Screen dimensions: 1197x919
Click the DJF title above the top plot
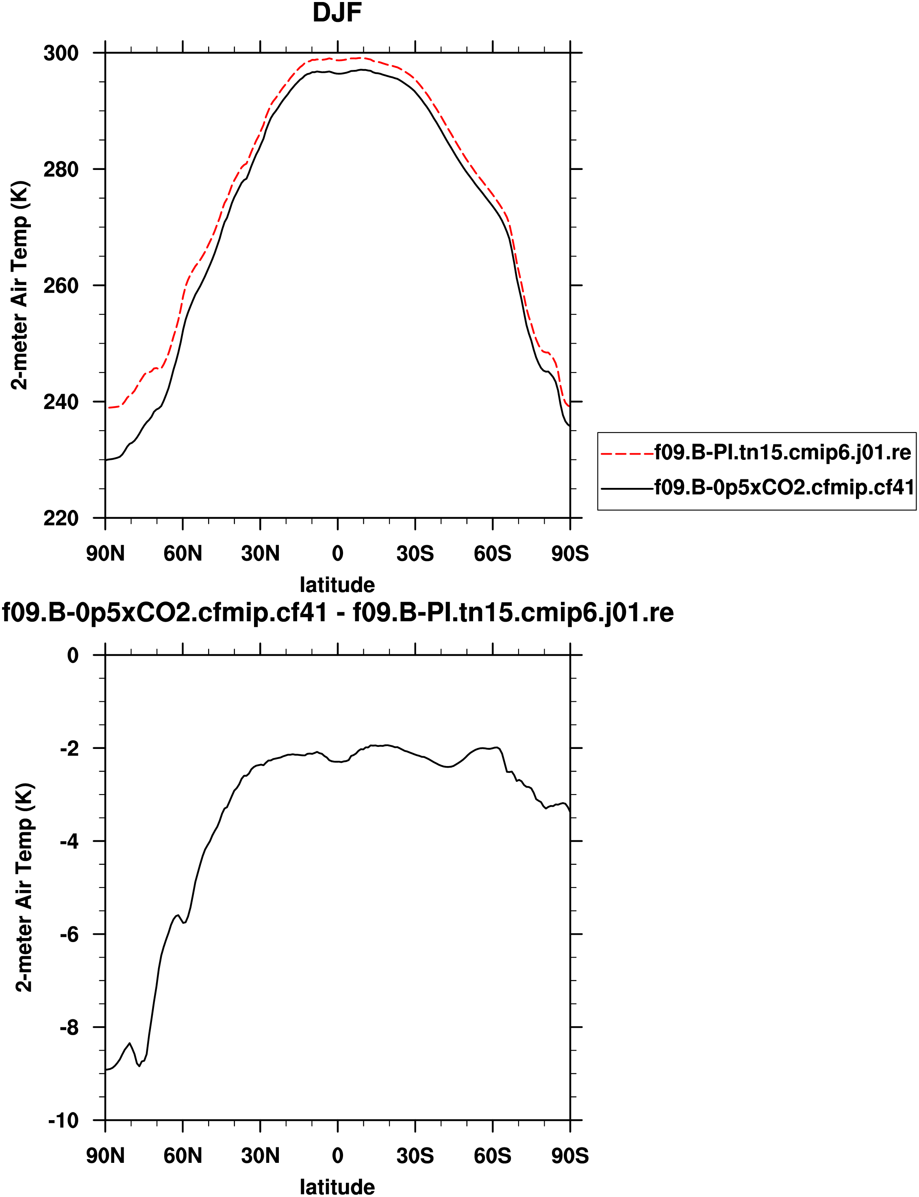tap(337, 13)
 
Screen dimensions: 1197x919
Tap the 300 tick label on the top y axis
tap(61, 54)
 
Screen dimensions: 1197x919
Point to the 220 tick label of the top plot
tap(61, 518)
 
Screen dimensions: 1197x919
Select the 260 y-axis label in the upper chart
tap(61, 285)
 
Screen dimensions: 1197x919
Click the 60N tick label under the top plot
tap(183, 554)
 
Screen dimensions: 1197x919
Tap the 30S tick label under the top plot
tap(415, 554)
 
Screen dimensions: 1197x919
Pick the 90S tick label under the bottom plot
tap(570, 1156)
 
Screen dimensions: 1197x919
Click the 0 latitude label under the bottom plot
tap(337, 1156)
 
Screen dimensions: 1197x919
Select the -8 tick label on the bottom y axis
tap(70, 1027)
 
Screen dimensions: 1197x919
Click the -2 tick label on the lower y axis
tap(70, 749)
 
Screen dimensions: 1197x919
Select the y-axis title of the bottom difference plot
tap(25, 887)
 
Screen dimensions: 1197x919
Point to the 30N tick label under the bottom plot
tap(261, 1156)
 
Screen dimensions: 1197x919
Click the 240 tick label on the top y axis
tap(61, 402)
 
